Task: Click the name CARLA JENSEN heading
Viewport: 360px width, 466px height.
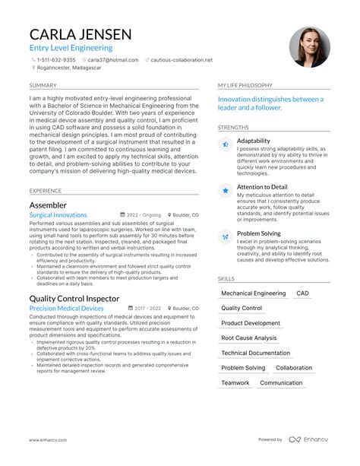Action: click(x=81, y=34)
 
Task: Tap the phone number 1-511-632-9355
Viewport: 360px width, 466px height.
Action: click(x=58, y=59)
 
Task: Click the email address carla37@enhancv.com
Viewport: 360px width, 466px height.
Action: click(x=108, y=59)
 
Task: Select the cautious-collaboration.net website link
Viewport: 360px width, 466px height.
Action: click(x=182, y=59)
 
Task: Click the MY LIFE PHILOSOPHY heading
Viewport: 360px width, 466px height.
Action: click(x=245, y=85)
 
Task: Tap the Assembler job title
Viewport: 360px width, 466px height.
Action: click(x=48, y=205)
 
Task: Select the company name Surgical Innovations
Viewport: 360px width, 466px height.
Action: click(x=58, y=215)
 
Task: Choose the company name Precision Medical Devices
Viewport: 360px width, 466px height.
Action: click(x=66, y=309)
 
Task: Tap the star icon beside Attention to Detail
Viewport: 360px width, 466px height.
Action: click(x=226, y=191)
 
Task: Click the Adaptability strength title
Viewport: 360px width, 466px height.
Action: click(x=253, y=141)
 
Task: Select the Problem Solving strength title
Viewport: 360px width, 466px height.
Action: click(x=259, y=233)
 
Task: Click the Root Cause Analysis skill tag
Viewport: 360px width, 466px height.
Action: click(x=249, y=338)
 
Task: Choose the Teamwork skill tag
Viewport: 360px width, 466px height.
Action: click(x=235, y=382)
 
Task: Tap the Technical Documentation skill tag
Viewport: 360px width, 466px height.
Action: click(x=255, y=353)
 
